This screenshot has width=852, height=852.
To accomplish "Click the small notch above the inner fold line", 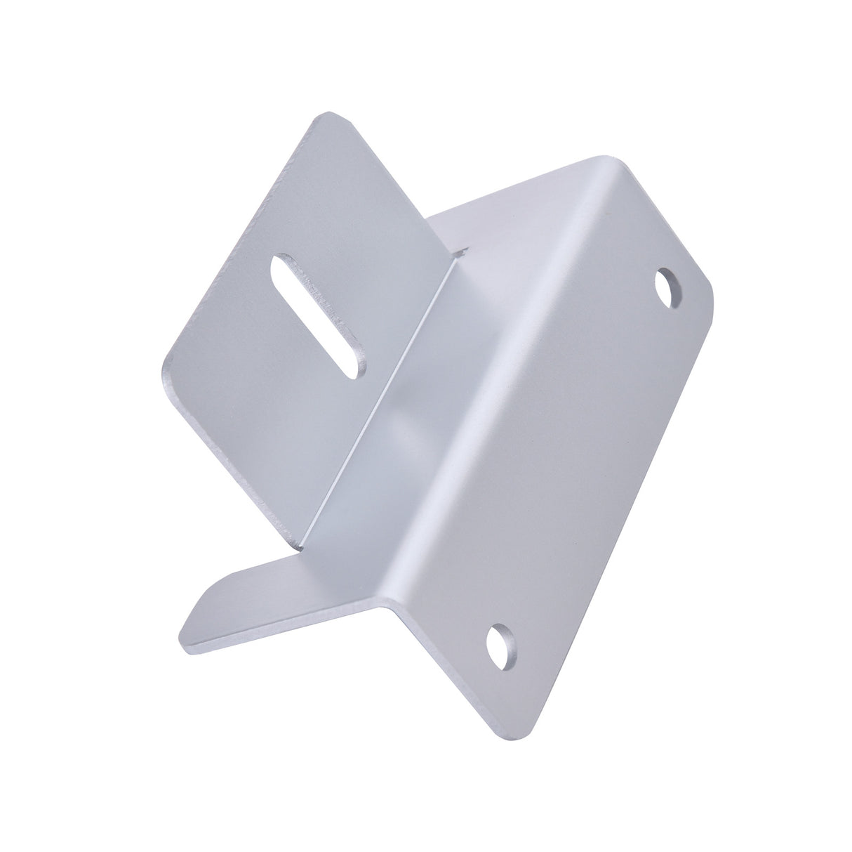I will [x=462, y=249].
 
